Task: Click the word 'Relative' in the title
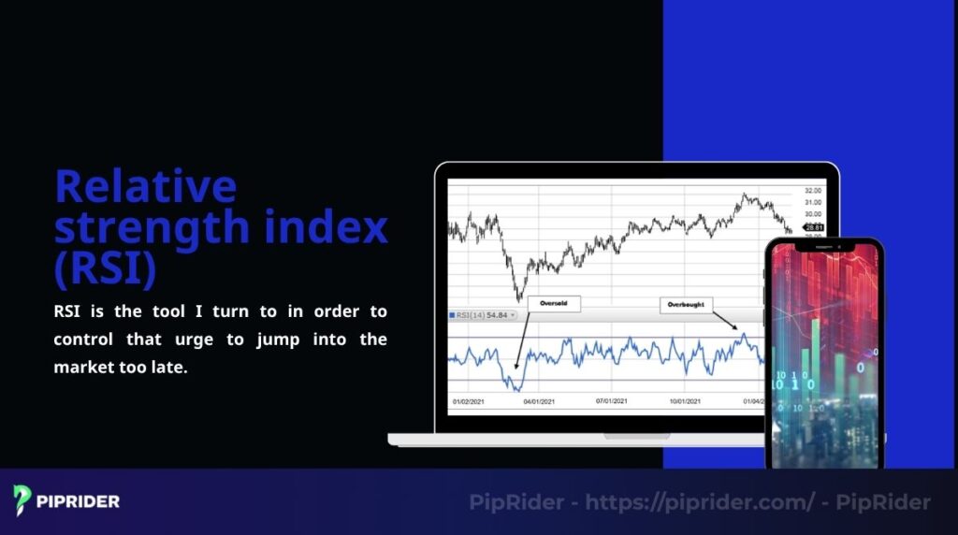(145, 186)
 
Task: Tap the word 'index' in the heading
(333, 227)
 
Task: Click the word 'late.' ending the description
(167, 367)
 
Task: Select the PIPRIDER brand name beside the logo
(79, 501)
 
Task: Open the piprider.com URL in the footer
(700, 502)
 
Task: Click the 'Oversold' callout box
(554, 303)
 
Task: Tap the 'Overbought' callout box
(687, 304)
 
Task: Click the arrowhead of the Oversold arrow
(514, 371)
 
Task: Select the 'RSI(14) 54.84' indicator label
(483, 315)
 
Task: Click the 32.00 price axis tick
(813, 190)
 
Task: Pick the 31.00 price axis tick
(813, 202)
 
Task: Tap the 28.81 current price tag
(814, 227)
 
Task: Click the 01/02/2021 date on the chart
(468, 401)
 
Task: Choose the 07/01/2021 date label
(612, 401)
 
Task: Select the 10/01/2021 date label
(684, 401)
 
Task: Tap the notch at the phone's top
(823, 248)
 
